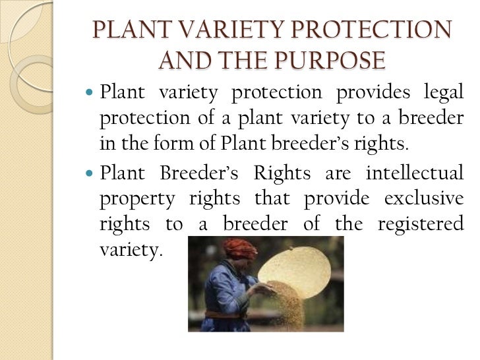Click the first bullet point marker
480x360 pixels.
pyautogui.click(x=90, y=94)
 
